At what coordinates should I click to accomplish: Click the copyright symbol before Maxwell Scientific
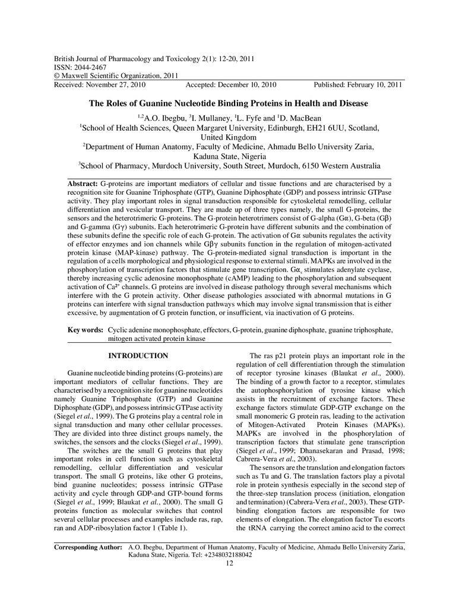[x=57, y=77]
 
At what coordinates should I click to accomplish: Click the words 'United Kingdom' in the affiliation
[x=229, y=137]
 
